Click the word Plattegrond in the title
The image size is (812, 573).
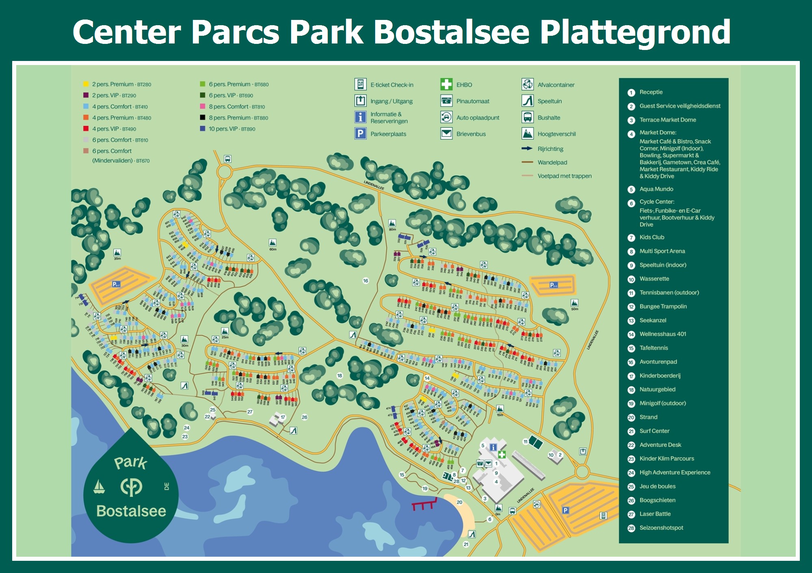[x=635, y=33]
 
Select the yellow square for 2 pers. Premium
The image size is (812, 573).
[x=86, y=84]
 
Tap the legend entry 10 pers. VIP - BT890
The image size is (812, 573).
[x=231, y=129]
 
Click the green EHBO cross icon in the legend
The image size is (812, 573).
[x=446, y=85]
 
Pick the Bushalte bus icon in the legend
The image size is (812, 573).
[x=527, y=117]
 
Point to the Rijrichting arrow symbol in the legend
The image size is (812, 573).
[x=527, y=149]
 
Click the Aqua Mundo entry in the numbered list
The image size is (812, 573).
[x=656, y=189]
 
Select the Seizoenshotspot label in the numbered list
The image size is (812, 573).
[x=661, y=528]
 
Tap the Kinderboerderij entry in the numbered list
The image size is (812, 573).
[x=660, y=375]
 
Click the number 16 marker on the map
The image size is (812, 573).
[x=365, y=281]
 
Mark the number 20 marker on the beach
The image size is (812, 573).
[x=459, y=502]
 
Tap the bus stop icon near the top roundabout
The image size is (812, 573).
[x=228, y=159]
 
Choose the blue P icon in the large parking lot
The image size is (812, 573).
[x=565, y=510]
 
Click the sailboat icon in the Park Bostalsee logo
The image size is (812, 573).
[x=99, y=486]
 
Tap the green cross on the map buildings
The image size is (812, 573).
[x=502, y=454]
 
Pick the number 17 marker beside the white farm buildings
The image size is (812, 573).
[x=283, y=417]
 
